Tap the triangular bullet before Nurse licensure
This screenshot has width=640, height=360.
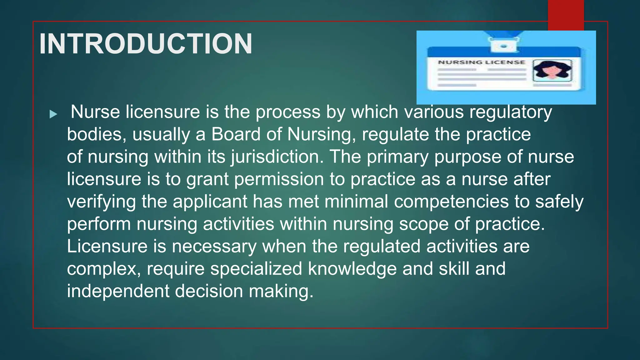click(x=53, y=114)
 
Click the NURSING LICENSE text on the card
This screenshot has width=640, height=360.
click(x=481, y=62)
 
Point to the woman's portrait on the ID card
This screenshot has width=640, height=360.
click(x=552, y=71)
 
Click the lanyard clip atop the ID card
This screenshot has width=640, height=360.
click(x=503, y=45)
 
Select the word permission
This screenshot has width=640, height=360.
click(x=279, y=179)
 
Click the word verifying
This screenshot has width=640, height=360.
click(x=101, y=202)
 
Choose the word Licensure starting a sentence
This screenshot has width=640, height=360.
click(x=107, y=246)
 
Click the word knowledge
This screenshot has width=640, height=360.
click(x=352, y=269)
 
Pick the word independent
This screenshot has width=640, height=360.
click(x=118, y=291)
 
